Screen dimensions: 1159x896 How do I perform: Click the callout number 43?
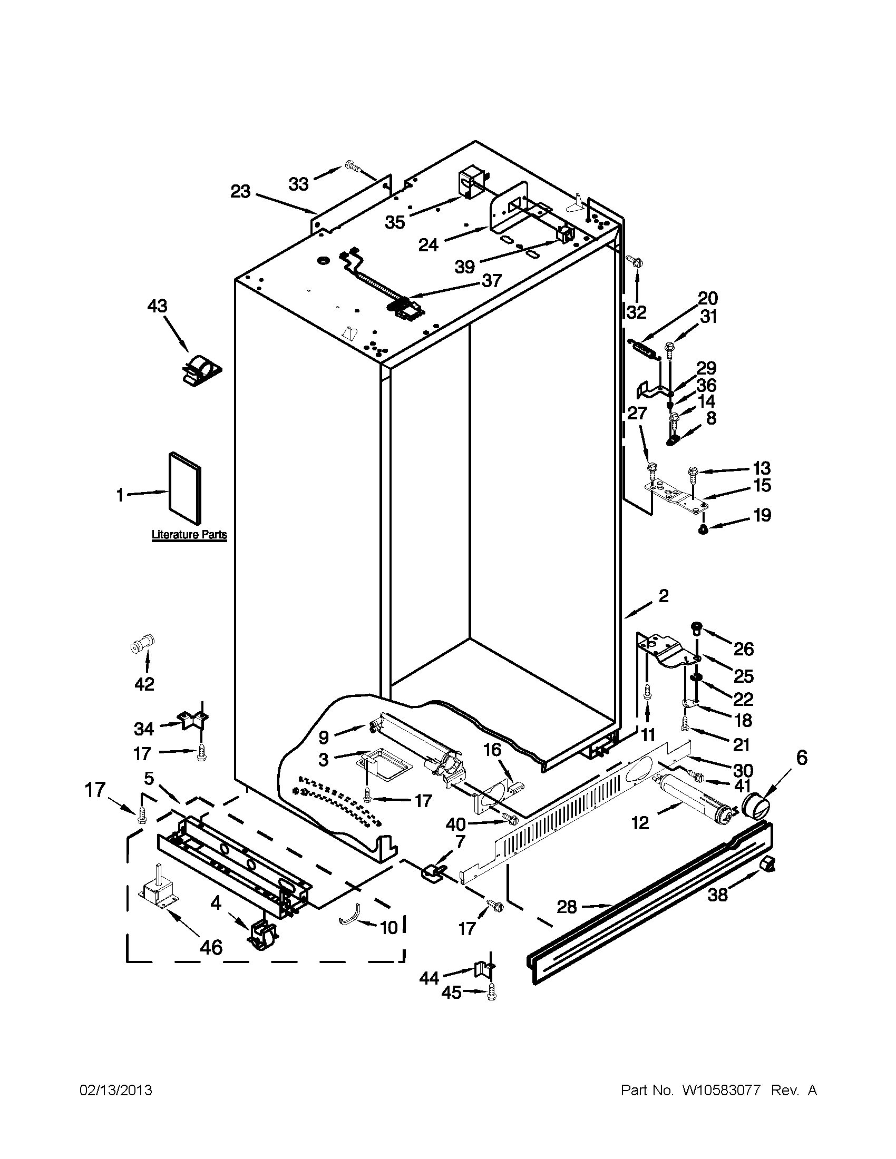coord(158,306)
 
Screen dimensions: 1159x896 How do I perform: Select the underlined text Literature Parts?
coord(189,535)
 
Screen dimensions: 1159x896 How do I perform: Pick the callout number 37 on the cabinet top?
coord(492,280)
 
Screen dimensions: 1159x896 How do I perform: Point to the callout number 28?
coord(567,907)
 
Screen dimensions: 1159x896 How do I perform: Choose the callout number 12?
coord(640,822)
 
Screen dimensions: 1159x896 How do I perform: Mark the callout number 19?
coord(762,515)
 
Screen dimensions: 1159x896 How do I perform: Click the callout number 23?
coord(240,192)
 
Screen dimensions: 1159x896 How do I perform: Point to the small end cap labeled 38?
coord(767,865)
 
